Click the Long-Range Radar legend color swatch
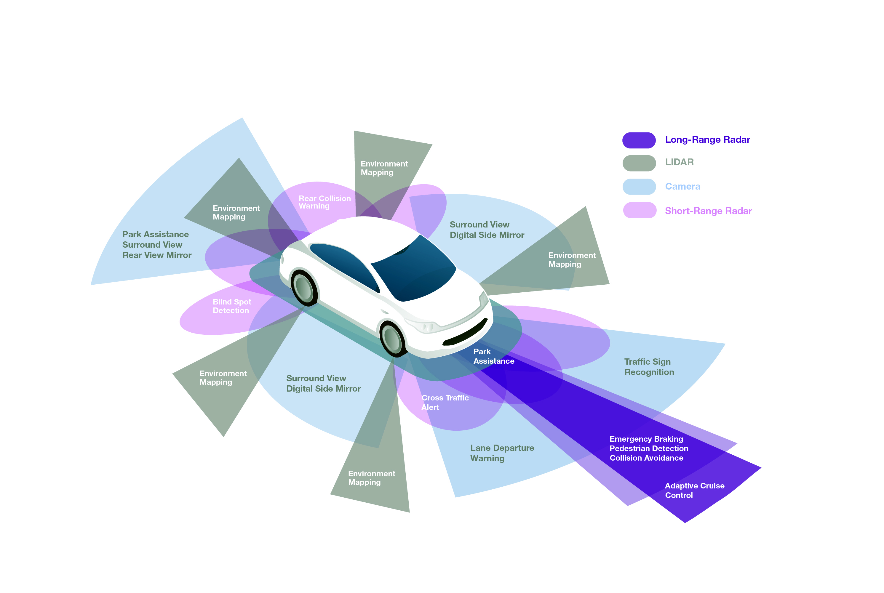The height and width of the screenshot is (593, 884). click(x=639, y=140)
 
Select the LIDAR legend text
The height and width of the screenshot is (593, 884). click(x=679, y=162)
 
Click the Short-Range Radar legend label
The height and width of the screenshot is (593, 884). click(x=708, y=211)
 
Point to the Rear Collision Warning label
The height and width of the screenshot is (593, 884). click(x=324, y=202)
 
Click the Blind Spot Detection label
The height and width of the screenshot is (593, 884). click(x=231, y=306)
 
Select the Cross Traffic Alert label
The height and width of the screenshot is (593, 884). click(x=445, y=402)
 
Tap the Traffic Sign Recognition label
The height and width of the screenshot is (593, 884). click(x=649, y=367)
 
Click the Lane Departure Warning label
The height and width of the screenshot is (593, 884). click(x=502, y=453)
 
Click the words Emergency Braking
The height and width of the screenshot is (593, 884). click(x=646, y=439)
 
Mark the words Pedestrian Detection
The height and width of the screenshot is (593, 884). click(x=649, y=448)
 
